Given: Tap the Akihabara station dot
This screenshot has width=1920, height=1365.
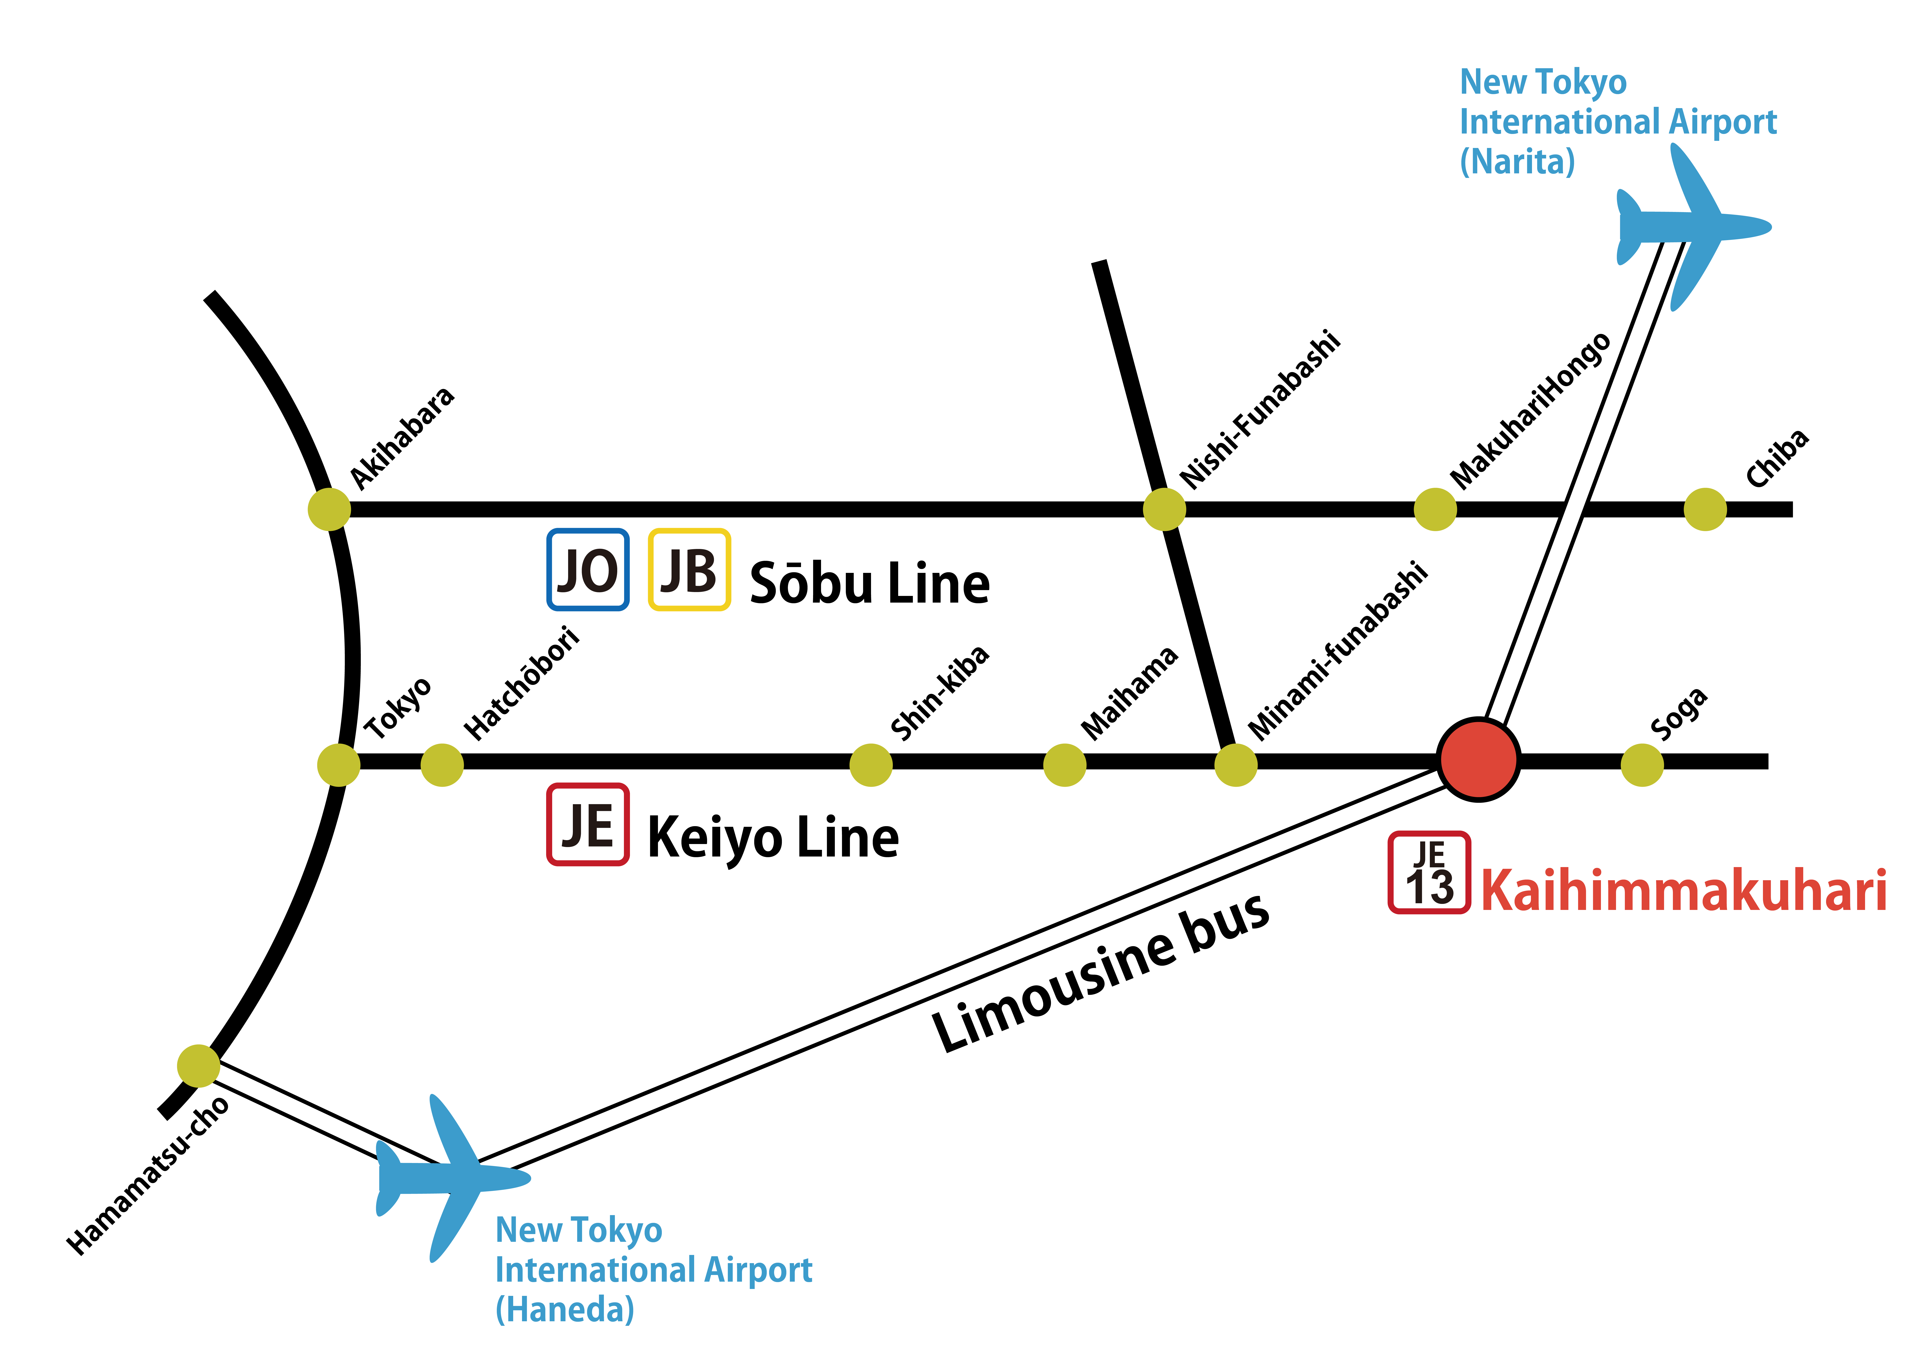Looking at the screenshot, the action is point(329,508).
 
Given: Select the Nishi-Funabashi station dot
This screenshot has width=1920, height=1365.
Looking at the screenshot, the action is point(1164,508).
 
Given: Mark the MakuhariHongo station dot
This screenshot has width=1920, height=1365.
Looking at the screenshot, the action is point(1435,508).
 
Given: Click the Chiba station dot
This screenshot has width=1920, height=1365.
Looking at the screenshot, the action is point(1705,508).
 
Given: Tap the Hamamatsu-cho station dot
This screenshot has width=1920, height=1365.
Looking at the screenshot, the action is point(198,1066).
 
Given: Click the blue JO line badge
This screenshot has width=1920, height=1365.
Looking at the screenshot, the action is point(588,569).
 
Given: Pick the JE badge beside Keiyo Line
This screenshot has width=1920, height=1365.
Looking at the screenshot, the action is point(588,824).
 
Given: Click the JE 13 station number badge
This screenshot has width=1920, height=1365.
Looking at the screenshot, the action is point(1429,872).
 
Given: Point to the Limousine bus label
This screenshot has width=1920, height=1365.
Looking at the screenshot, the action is point(1101,971).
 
